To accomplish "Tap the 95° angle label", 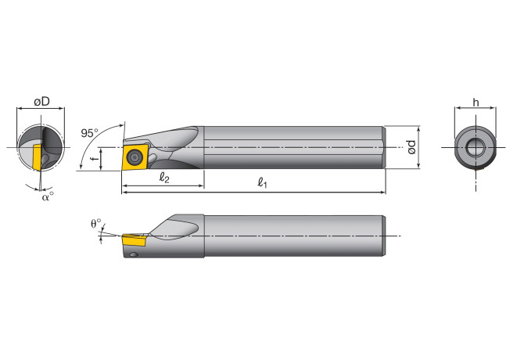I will coord(90,132).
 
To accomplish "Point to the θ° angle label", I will coord(95,223).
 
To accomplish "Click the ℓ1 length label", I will coord(264,182).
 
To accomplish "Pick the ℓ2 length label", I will coord(163,177).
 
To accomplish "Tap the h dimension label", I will coord(476,103).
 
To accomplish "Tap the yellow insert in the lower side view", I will coord(134,238).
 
